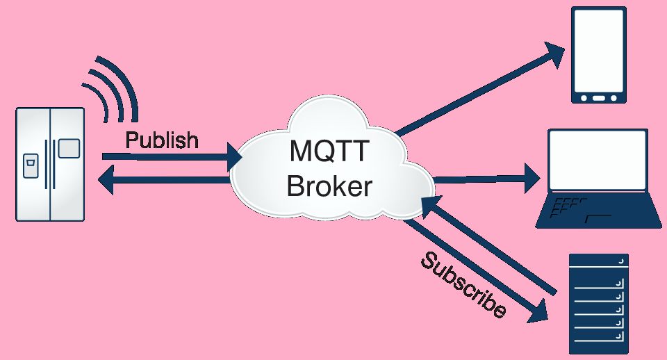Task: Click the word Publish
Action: pyautogui.click(x=162, y=140)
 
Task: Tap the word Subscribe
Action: pyautogui.click(x=463, y=285)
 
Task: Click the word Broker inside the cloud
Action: pyautogui.click(x=329, y=186)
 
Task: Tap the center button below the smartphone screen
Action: pyautogui.click(x=599, y=97)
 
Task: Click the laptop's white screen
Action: pyautogui.click(x=598, y=161)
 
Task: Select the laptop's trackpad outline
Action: pyautogui.click(x=598, y=219)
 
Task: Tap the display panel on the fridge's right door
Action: pyautogui.click(x=69, y=149)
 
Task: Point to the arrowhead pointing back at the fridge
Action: pyautogui.click(x=106, y=181)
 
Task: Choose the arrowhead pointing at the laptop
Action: pyautogui.click(x=531, y=179)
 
